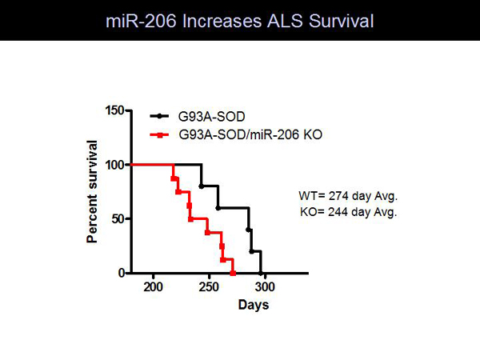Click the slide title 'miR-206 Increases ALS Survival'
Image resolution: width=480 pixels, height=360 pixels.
point(240,21)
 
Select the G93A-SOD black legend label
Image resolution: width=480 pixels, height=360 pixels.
point(211,117)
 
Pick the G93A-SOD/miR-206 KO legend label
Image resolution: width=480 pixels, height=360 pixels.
point(250,134)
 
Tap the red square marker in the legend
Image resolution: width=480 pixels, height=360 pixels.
point(159,134)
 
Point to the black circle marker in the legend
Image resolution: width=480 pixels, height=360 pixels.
point(159,116)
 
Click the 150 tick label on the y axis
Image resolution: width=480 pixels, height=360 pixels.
point(114,110)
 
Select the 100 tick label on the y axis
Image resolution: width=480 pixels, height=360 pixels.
point(114,165)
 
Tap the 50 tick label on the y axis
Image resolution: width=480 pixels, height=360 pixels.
point(118,219)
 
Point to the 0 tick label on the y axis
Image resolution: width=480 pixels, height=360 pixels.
point(122,273)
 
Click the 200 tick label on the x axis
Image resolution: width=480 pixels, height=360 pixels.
point(153,287)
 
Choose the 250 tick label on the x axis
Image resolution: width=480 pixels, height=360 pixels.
point(209,287)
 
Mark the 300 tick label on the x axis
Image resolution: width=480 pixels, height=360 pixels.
point(265,287)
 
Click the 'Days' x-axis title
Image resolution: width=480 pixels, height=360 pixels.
point(254,305)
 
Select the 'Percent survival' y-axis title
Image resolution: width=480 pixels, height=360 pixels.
point(92,192)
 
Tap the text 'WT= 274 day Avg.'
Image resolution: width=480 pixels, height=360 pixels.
point(348,196)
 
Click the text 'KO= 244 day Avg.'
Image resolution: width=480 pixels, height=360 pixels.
point(348,212)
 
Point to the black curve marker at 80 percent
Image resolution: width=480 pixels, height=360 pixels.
point(201,186)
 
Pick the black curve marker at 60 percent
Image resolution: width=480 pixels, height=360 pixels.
point(218,208)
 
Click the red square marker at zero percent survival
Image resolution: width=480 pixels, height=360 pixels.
point(233,273)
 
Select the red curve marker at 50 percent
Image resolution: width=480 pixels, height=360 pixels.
point(190,219)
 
